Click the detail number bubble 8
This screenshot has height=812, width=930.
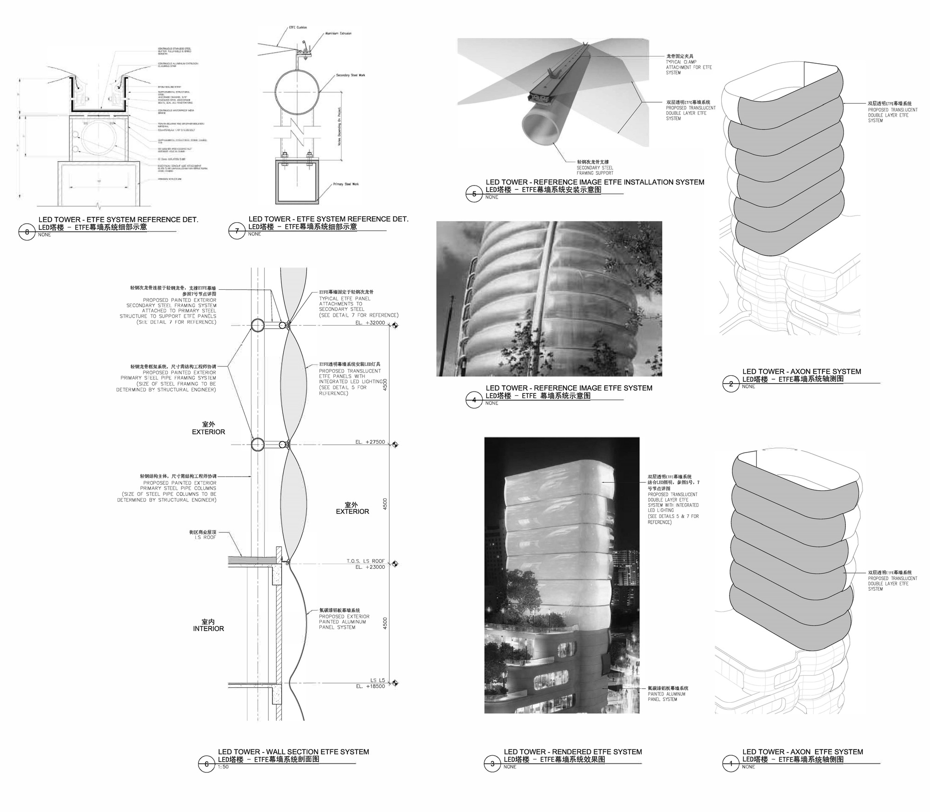pyautogui.click(x=27, y=232)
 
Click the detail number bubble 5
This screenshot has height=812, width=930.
pyautogui.click(x=474, y=194)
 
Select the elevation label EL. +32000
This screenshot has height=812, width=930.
pyautogui.click(x=370, y=322)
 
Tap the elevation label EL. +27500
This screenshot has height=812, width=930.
pyautogui.click(x=370, y=442)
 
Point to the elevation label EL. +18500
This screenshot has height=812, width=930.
pyautogui.click(x=370, y=686)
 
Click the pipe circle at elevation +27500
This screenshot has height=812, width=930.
pyautogui.click(x=258, y=445)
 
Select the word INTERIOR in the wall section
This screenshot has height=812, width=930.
pyautogui.click(x=208, y=629)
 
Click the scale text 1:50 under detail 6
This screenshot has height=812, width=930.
pyautogui.click(x=223, y=767)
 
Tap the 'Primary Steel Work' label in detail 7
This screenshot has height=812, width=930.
pyautogui.click(x=345, y=184)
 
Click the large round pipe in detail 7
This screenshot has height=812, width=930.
pyautogui.click(x=297, y=92)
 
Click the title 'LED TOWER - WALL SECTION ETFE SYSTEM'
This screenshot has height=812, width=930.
pyautogui.click(x=293, y=752)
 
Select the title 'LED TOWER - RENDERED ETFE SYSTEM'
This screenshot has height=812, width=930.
pyautogui.click(x=572, y=752)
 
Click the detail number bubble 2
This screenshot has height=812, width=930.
pyautogui.click(x=731, y=384)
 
